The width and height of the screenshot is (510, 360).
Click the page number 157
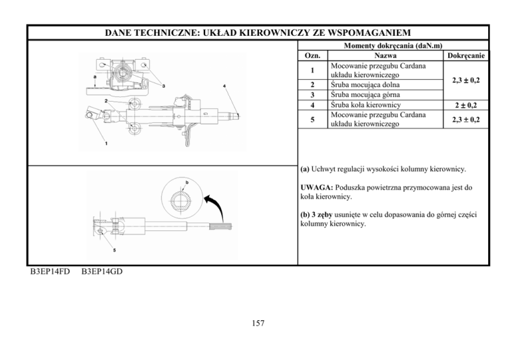(x=258, y=323)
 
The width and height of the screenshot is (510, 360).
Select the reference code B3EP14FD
(x=50, y=272)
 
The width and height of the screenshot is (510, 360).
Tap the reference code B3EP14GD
(x=102, y=272)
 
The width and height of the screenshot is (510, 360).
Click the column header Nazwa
(x=385, y=56)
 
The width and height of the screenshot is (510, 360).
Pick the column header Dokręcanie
(x=466, y=56)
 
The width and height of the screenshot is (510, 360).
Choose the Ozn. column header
(x=313, y=56)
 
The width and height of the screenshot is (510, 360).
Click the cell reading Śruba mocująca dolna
(x=365, y=85)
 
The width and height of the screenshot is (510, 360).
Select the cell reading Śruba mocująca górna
(x=365, y=95)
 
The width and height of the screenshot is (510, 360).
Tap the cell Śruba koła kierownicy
(x=366, y=105)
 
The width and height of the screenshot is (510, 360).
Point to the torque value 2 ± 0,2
(x=466, y=105)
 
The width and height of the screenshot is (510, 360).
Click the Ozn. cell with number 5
(x=313, y=120)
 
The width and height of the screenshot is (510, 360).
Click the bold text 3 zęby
(x=322, y=215)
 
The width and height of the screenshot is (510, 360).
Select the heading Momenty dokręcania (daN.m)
(x=393, y=46)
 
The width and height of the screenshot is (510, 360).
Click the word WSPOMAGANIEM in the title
(x=369, y=33)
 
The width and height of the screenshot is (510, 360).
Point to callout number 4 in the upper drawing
(x=224, y=86)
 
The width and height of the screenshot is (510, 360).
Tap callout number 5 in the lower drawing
(x=114, y=250)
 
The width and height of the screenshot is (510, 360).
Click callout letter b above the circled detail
(x=187, y=183)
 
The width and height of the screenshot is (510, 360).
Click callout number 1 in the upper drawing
(x=106, y=143)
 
